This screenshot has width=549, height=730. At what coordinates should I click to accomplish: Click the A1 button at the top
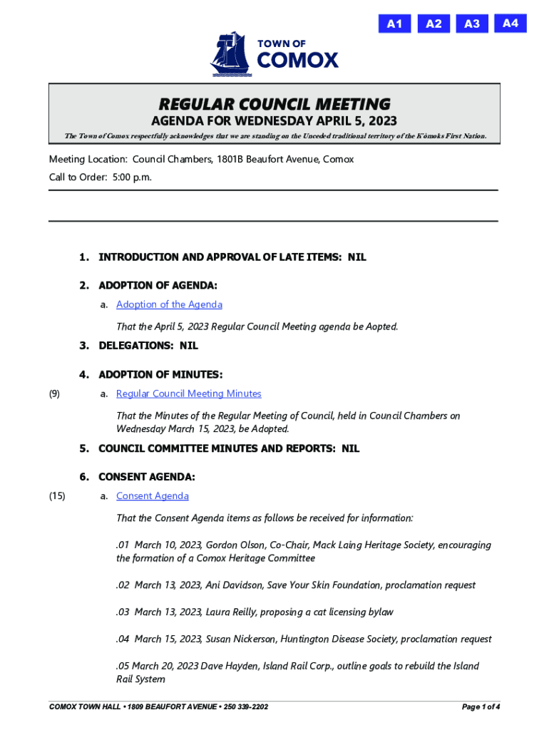(394, 24)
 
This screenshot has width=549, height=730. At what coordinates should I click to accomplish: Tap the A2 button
(433, 24)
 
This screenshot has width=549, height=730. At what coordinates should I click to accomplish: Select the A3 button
(472, 24)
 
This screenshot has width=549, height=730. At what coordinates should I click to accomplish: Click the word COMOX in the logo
(297, 61)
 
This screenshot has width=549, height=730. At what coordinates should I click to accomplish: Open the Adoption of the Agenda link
(169, 304)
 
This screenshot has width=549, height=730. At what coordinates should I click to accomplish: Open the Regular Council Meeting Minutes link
(188, 394)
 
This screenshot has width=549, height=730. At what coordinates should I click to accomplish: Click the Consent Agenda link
(152, 495)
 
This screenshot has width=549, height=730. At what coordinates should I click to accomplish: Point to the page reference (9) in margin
(54, 394)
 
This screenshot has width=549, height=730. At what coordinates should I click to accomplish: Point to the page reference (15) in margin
(56, 495)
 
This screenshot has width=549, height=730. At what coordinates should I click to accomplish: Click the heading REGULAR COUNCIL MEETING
(274, 104)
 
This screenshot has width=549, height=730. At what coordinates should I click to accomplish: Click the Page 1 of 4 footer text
(481, 707)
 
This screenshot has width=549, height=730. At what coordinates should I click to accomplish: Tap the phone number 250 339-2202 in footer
(244, 707)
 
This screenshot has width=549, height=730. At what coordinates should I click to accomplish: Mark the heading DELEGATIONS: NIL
(148, 346)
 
